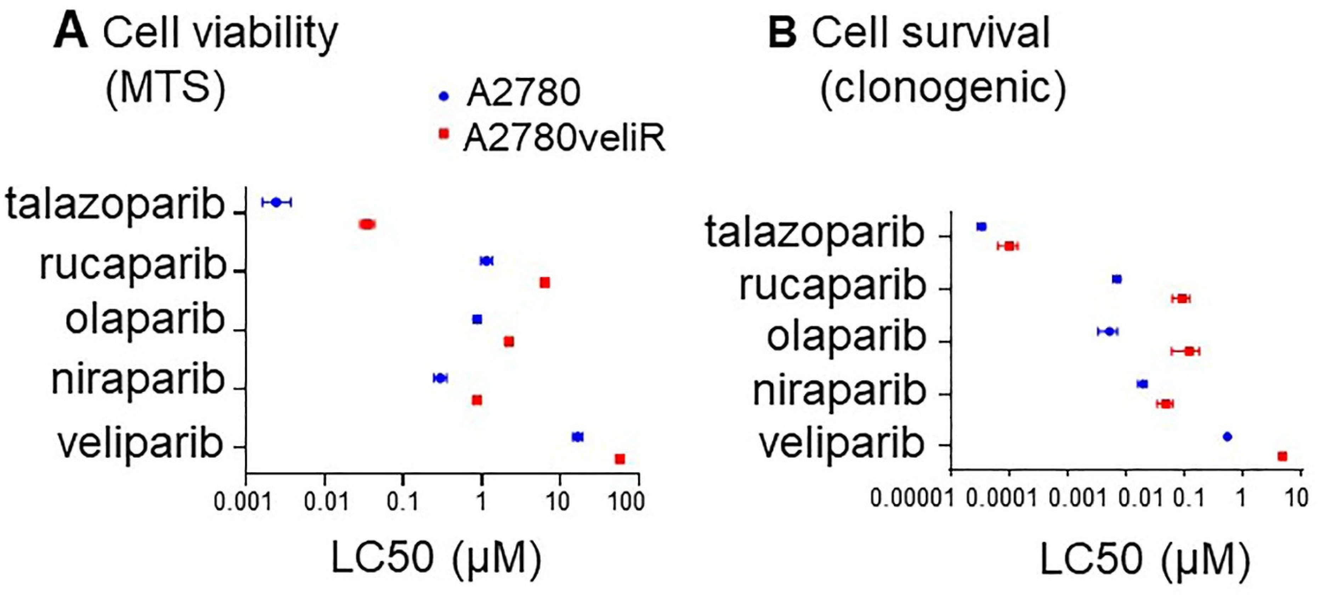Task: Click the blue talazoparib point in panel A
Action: pos(276,202)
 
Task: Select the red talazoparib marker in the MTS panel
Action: pos(367,224)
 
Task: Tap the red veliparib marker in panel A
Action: pos(620,459)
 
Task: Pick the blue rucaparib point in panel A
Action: pos(486,261)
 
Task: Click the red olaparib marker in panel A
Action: pos(509,341)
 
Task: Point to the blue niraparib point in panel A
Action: pos(440,378)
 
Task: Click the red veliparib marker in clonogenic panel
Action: pos(1282,456)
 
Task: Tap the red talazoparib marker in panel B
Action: pos(1008,246)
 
